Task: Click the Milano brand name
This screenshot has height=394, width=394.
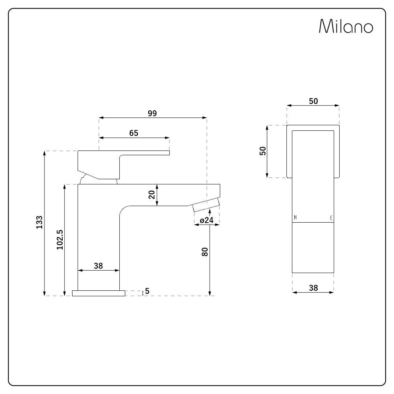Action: pos(346,26)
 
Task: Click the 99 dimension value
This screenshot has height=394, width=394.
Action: pos(152,113)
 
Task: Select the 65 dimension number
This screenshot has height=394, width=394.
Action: pos(134,133)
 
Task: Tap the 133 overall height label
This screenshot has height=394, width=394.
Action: pos(39,223)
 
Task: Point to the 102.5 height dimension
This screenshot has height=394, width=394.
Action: pos(59,240)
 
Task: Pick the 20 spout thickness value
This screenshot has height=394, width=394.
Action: pos(152,195)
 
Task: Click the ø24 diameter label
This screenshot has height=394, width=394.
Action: pos(206,220)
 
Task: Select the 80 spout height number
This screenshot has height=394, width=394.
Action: pos(205,252)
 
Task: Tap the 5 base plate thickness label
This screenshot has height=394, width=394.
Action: pos(147,291)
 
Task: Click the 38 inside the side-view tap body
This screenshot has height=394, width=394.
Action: pos(98,266)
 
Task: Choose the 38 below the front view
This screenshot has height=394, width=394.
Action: pos(313,288)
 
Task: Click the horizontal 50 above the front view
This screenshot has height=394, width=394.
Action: pos(313,101)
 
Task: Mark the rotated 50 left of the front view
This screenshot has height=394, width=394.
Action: pos(263,151)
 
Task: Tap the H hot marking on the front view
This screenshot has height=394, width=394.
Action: pos(295,218)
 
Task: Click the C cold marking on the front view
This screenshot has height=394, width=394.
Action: pos(331,218)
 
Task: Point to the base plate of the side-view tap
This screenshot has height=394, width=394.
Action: pos(98,293)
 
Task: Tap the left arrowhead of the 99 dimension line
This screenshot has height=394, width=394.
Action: pos(101,117)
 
